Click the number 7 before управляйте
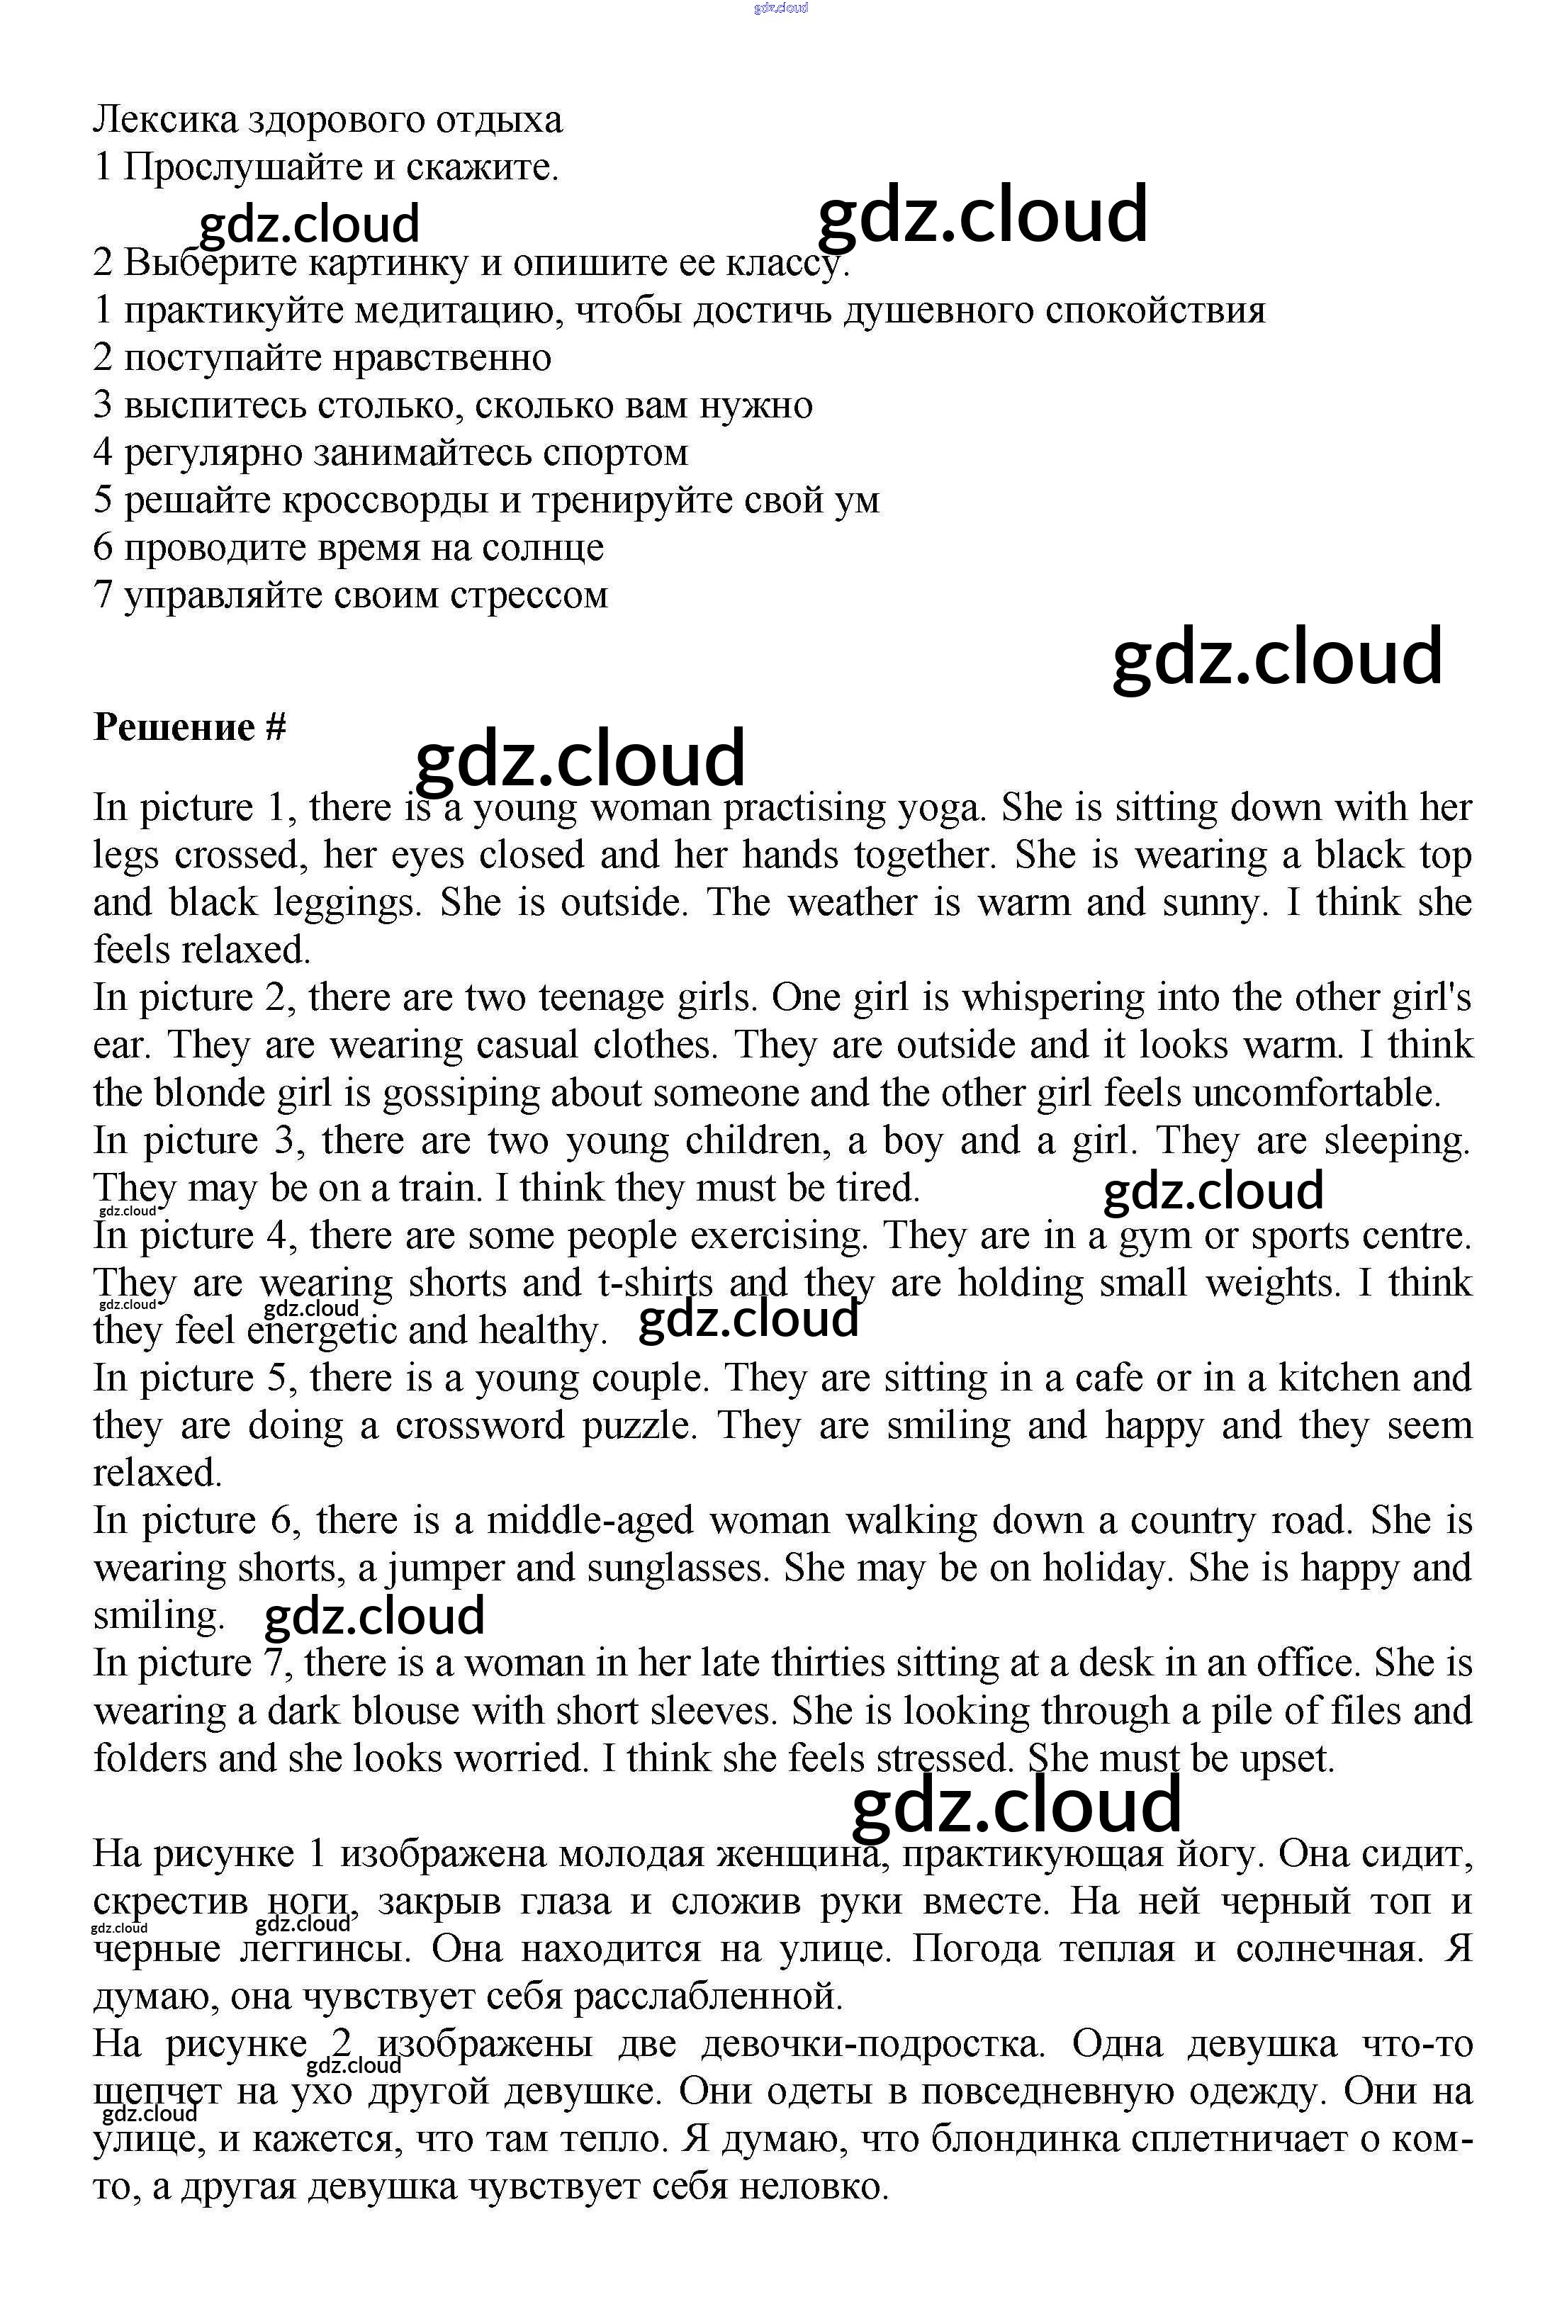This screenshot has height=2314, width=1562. (x=103, y=595)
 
